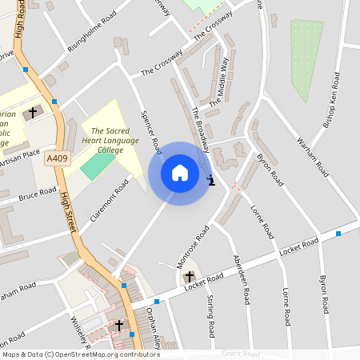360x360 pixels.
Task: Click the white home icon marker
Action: pyautogui.click(x=180, y=173)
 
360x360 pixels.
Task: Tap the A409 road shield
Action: pyautogui.click(x=57, y=158)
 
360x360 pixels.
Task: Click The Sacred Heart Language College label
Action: pyautogui.click(x=114, y=140)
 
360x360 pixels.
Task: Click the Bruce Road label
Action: pyautogui.click(x=38, y=194)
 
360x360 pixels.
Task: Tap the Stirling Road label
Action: pyautogui.click(x=210, y=316)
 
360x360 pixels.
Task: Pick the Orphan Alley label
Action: pyautogui.click(x=153, y=328)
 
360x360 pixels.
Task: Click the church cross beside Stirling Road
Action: pyautogui.click(x=190, y=278)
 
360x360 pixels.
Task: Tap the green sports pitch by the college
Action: pyautogui.click(x=97, y=165)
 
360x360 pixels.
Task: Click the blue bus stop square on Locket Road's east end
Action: pyautogui.click(x=338, y=234)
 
